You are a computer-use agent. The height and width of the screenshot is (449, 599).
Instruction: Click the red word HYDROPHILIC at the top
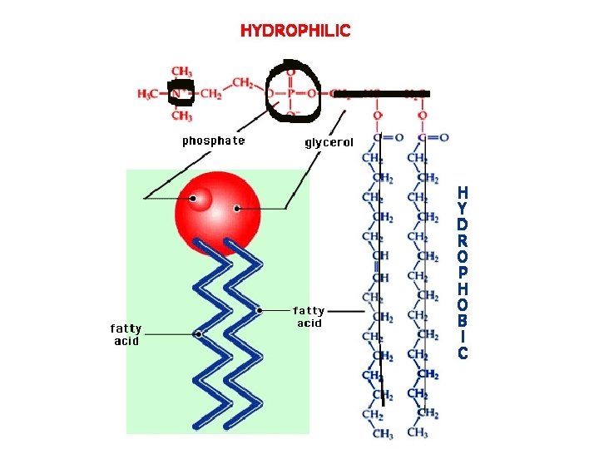(x=295, y=31)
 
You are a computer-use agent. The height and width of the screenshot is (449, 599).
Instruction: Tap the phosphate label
(x=214, y=141)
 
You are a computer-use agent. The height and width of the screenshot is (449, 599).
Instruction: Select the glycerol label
(x=329, y=142)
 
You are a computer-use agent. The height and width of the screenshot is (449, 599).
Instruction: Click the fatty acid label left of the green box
(x=126, y=334)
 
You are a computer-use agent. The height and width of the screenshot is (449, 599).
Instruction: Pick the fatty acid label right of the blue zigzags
(x=309, y=317)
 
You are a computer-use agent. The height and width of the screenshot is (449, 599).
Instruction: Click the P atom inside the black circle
(x=290, y=93)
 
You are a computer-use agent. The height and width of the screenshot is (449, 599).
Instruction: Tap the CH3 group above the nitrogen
(x=181, y=72)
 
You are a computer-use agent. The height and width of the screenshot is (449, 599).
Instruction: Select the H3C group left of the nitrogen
(x=150, y=93)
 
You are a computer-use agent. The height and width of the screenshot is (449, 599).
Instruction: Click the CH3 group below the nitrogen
(x=181, y=116)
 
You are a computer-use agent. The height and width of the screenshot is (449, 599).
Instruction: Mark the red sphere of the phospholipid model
(x=217, y=211)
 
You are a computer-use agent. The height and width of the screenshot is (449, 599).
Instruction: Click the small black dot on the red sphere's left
(x=194, y=199)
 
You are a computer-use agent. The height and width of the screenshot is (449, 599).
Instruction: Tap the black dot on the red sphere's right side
(x=237, y=209)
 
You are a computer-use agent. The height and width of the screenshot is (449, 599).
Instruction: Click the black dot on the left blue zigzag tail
(x=198, y=334)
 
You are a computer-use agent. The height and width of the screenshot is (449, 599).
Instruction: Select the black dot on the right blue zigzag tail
(x=260, y=310)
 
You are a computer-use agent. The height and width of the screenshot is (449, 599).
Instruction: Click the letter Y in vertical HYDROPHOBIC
(x=463, y=209)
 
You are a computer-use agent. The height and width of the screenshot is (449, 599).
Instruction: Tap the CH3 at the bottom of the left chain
(x=383, y=434)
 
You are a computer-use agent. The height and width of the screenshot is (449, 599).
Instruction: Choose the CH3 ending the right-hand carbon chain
(x=418, y=433)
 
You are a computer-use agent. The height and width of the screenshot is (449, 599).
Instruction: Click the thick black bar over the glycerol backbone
(x=383, y=92)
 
